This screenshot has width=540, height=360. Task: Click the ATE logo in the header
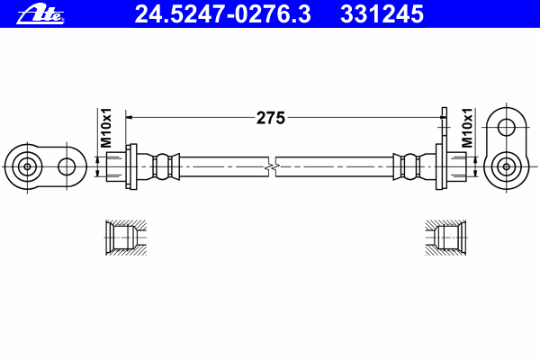pos(40,14)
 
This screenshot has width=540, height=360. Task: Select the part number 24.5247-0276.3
pos(222,13)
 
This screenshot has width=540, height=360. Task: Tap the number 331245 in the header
pos(382,13)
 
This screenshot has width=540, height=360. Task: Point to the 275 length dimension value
pos(271,118)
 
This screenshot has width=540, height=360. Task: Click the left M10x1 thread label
pos(106,128)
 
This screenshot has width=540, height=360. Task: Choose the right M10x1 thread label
pos(467,128)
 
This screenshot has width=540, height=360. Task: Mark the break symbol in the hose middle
pos(272,167)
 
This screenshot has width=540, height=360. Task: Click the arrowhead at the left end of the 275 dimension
pos(129,118)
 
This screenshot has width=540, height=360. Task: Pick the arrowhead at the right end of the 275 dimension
pos(443,118)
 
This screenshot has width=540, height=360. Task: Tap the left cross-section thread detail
pos(126,238)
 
